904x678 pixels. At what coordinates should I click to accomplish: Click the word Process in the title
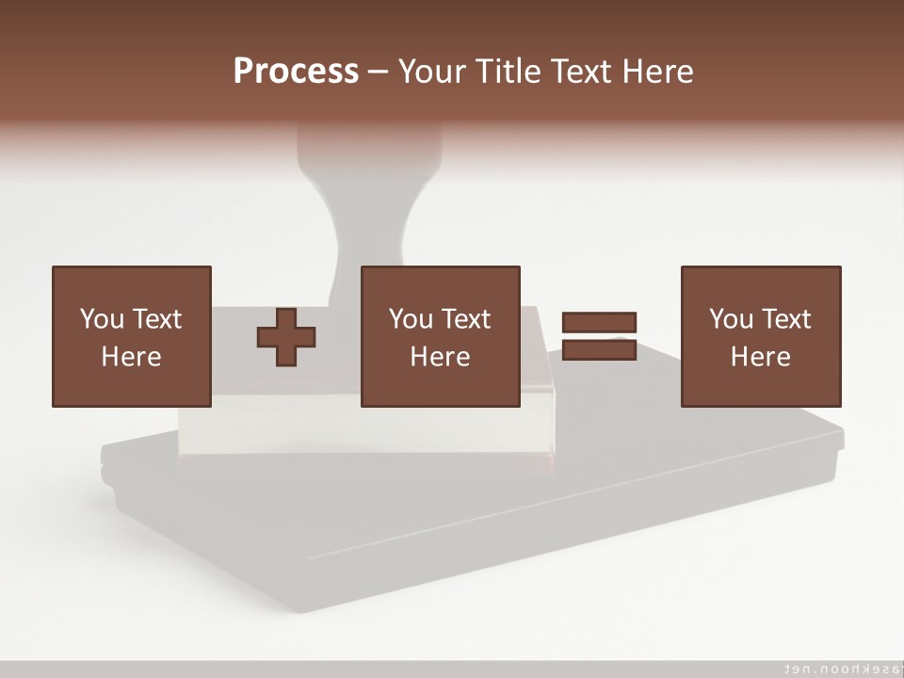(296, 72)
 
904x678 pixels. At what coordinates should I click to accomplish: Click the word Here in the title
(659, 72)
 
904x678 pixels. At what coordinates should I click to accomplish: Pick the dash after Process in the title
(378, 73)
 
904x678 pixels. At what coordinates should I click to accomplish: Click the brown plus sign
(286, 336)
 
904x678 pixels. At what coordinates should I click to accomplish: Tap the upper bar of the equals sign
(599, 323)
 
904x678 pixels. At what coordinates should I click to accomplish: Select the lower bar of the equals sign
(599, 350)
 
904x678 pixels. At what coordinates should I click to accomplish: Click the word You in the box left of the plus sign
(102, 319)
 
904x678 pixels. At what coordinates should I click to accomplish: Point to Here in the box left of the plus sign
(131, 357)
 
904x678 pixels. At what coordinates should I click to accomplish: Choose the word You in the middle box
(411, 319)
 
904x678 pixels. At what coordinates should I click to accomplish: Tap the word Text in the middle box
(466, 319)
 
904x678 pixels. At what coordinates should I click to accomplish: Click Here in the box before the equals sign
(440, 357)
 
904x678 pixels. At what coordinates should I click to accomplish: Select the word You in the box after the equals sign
(731, 319)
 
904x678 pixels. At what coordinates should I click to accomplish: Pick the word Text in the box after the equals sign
(786, 319)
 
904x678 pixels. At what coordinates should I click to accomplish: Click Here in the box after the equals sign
(760, 357)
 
